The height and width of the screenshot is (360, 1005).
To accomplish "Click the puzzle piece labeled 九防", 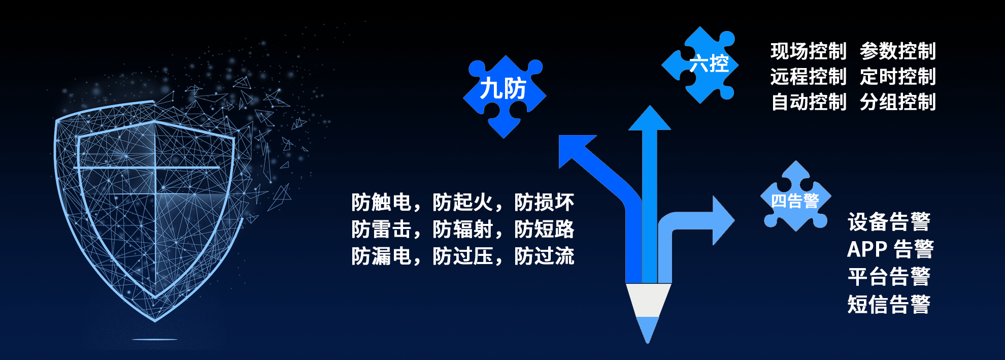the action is (x=505, y=95).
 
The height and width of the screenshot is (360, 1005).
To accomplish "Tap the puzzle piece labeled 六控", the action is (x=700, y=65).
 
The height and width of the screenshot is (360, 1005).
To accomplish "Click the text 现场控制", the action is (x=809, y=51).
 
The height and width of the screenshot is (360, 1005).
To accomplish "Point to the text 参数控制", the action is (x=898, y=51).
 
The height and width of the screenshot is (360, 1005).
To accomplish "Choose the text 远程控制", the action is (x=809, y=77).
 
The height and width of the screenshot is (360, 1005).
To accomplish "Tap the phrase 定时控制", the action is (x=898, y=77).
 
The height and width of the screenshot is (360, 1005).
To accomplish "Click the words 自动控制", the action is (x=809, y=102).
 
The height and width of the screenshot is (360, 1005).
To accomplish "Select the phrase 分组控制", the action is (x=898, y=102).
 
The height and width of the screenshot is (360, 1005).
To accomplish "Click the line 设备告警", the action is (x=889, y=222).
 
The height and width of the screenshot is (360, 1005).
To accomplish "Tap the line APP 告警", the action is (x=890, y=249).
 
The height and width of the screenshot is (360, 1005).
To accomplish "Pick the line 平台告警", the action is (x=889, y=277).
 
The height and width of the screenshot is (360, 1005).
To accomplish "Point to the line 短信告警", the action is (x=889, y=305).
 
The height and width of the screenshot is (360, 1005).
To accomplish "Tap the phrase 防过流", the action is (x=544, y=256).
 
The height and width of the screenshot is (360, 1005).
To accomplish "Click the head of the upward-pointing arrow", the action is (x=650, y=118).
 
